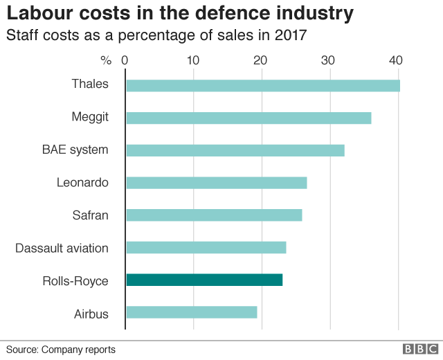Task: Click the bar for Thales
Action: coord(263,85)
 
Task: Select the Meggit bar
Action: coord(248,118)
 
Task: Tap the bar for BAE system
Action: coord(235,150)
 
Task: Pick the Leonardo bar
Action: coord(216,183)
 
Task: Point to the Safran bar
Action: coord(214,215)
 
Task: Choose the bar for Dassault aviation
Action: coord(206,247)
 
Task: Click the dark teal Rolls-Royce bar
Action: coord(204,280)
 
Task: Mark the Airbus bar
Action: coord(192,312)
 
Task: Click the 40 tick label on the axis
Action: coord(396,60)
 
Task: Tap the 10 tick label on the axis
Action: coord(193,60)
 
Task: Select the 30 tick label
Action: coord(329,60)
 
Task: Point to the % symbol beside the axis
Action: coord(106,60)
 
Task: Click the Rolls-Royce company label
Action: coord(75,280)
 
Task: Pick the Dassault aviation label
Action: coord(62,248)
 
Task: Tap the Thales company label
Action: coord(90,84)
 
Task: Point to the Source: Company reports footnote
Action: coord(61,350)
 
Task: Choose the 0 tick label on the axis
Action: coord(125,60)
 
